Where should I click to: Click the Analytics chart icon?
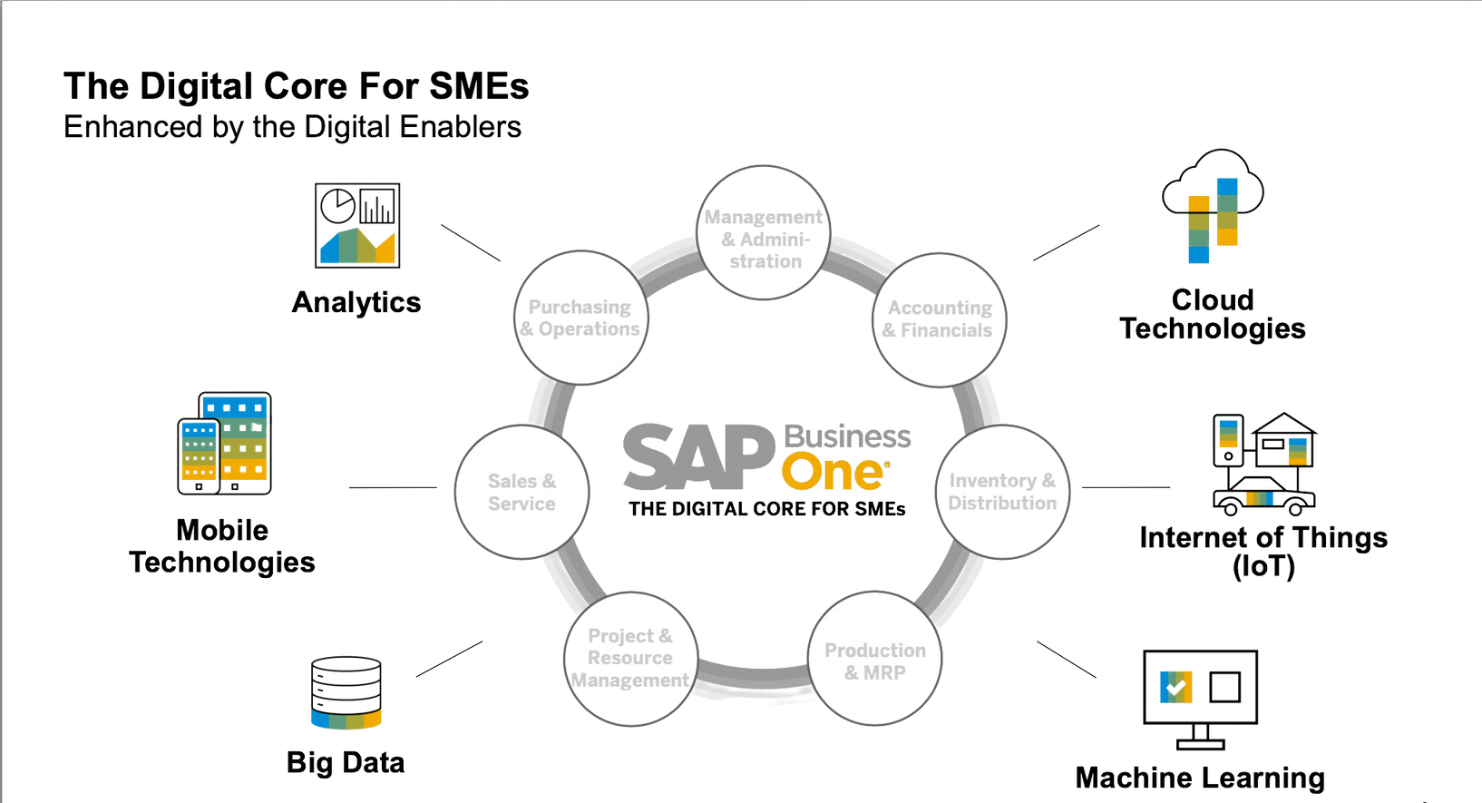pyautogui.click(x=356, y=226)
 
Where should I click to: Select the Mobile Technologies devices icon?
pyautogui.click(x=224, y=444)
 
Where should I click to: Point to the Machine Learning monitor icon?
pyautogui.click(x=1199, y=699)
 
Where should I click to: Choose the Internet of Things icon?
pyautogui.click(x=1264, y=465)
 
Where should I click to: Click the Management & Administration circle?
pyautogui.click(x=764, y=231)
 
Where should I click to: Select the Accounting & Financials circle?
pyautogui.click(x=940, y=319)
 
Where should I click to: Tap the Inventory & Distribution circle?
pyautogui.click(x=1002, y=491)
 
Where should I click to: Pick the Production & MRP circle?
pyautogui.click(x=874, y=660)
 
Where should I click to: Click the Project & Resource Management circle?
pyautogui.click(x=630, y=658)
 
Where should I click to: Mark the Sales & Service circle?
pyautogui.click(x=522, y=491)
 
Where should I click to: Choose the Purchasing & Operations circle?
pyautogui.click(x=581, y=317)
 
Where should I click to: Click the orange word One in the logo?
pyautogui.click(x=832, y=471)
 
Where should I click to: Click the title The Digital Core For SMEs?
pyautogui.click(x=296, y=87)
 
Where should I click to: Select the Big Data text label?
pyautogui.click(x=346, y=763)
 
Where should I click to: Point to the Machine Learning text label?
pyautogui.click(x=1200, y=778)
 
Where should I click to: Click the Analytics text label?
pyautogui.click(x=356, y=302)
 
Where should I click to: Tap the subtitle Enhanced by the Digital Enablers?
pyautogui.click(x=293, y=127)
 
